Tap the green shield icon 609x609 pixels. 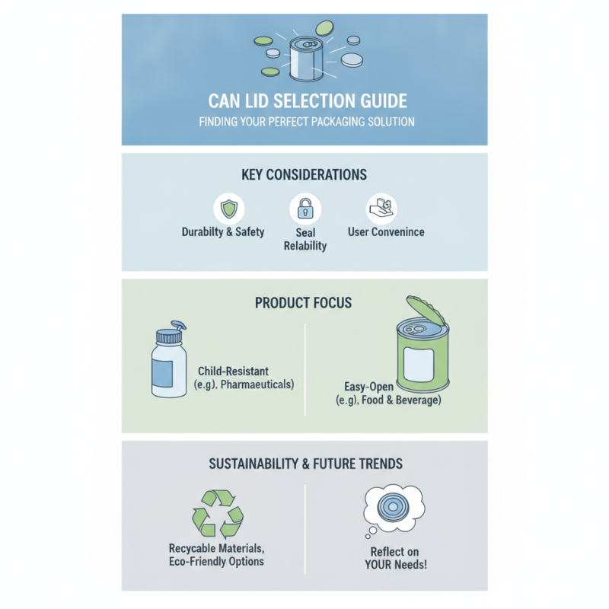coord(229,209)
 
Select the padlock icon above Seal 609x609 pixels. coord(305,208)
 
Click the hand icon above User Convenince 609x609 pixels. coord(381,208)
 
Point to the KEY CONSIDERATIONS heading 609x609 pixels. coord(304,175)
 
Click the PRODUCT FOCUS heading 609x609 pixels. coord(303,303)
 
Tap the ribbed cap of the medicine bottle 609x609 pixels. coord(168,336)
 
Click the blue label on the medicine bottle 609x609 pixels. coord(162,373)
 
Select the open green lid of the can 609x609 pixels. coord(426,311)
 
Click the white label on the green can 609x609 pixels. coord(419,365)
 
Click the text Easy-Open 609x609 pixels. coord(369,387)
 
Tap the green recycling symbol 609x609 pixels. coord(218,512)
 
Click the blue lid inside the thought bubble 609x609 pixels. coord(393,507)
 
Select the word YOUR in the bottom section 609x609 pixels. coord(380,564)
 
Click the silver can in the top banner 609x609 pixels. coord(307,59)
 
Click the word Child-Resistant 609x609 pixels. coord(234,371)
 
